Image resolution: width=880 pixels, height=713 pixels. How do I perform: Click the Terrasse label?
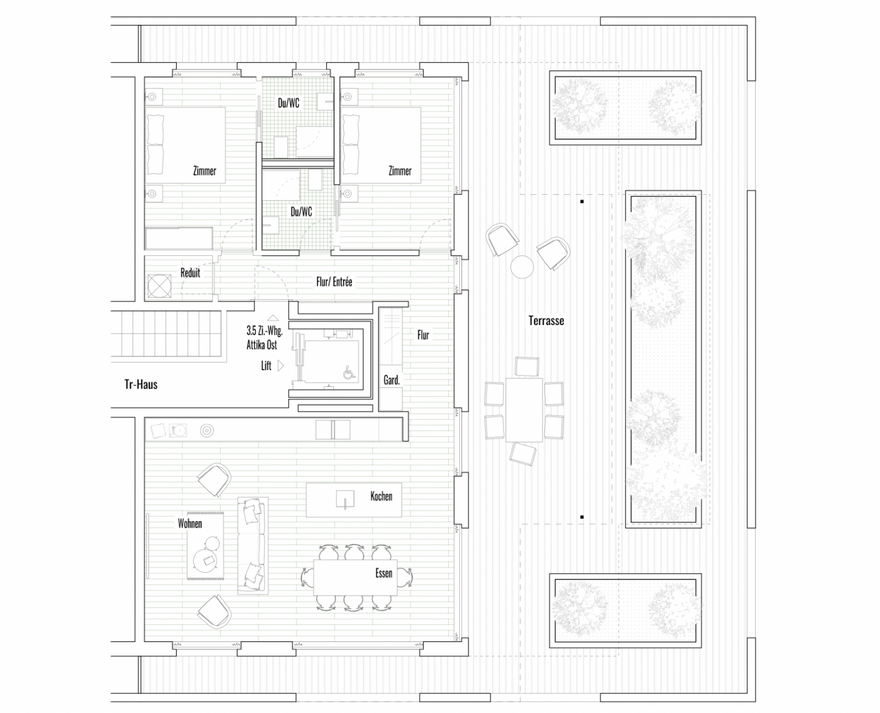coord(546,320)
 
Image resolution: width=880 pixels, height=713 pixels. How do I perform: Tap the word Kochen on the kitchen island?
coord(381,496)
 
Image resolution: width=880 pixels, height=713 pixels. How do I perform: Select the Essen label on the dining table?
coord(384,573)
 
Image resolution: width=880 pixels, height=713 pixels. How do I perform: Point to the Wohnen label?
coord(190,523)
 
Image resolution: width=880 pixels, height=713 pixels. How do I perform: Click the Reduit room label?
coord(190,273)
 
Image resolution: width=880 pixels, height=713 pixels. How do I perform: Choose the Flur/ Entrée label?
coord(334,282)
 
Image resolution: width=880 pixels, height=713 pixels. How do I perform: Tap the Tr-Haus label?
coord(141,384)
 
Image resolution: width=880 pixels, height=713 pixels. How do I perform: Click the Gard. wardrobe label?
coord(392,380)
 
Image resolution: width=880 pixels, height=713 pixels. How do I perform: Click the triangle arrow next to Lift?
coord(280,366)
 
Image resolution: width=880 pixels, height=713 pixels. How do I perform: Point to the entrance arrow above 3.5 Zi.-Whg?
coord(273,318)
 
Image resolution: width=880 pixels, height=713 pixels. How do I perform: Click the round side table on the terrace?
coord(522,267)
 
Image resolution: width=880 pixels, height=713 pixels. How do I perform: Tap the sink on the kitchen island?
coord(345,499)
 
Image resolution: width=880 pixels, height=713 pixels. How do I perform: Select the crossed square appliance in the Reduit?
coord(160,286)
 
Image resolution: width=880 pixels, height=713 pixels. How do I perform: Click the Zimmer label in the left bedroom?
coord(205,171)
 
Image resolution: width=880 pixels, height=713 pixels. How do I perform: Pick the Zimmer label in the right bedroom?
coord(400,171)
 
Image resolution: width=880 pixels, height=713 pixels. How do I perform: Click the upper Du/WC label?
coord(289,103)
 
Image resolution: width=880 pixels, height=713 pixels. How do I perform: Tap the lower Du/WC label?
coord(302,212)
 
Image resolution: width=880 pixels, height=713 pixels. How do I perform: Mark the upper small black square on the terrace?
coord(582,202)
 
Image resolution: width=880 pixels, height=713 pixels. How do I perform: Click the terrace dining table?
coord(524,410)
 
